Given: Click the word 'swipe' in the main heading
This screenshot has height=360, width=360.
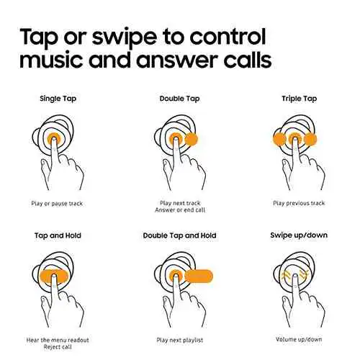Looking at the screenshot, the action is point(125,37).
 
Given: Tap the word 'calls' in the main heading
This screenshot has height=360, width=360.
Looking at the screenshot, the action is point(248,59).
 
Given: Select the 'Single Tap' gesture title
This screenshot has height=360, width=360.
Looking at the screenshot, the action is point(58,99).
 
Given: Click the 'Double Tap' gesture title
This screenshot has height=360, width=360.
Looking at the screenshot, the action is point(179,99).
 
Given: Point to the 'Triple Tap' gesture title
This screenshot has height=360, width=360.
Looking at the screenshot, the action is point(299,99).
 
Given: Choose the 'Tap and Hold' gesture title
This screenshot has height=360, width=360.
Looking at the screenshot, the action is point(58,235).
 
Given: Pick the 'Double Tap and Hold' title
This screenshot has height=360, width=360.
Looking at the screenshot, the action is point(179,235).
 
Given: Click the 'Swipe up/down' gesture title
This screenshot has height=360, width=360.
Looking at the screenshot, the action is point(299,235).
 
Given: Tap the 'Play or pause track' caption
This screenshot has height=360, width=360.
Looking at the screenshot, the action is point(57,204).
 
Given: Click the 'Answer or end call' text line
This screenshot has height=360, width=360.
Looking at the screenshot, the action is point(180,210).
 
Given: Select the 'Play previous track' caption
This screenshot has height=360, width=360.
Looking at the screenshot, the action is point(299,203).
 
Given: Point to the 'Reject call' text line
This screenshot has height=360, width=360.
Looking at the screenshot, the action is point(58,347).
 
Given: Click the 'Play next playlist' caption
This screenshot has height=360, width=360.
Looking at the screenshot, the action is point(180,340).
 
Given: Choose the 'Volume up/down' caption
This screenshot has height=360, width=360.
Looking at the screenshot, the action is point(299,339).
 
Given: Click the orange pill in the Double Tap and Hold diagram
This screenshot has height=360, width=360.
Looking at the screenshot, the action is point(199,276).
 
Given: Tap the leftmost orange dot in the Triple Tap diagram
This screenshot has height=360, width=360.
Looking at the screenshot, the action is point(279,139).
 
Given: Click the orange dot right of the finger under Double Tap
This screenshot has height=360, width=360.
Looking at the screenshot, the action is point(192,139).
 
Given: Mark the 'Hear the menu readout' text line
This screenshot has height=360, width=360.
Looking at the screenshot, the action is point(58,340).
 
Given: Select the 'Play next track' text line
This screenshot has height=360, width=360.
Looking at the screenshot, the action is point(180,203).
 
